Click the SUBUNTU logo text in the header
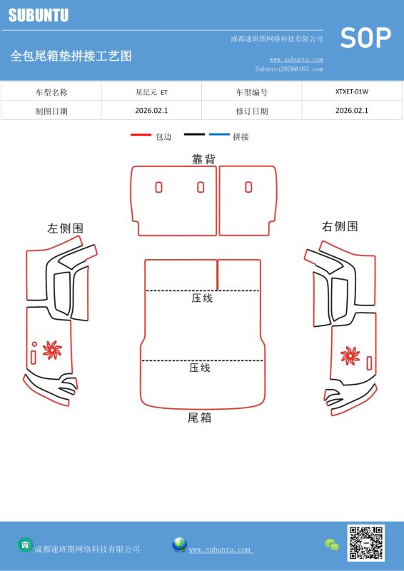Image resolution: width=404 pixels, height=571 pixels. [x=39, y=15]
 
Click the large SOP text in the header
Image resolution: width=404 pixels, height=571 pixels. [x=365, y=38]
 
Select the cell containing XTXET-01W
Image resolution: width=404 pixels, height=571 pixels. [x=352, y=92]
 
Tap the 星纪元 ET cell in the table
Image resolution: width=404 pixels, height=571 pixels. [x=151, y=92]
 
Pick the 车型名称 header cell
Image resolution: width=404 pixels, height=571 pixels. [x=51, y=92]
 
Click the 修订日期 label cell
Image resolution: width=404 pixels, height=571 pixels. [x=252, y=111]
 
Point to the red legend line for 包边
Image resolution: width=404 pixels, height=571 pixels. [x=141, y=135]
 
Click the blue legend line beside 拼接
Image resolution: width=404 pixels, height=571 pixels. [x=219, y=134]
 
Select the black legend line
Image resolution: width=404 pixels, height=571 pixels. [x=195, y=134]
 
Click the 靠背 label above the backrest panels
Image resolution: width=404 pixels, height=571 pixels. [x=203, y=158]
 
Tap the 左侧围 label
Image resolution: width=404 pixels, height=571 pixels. [x=65, y=228]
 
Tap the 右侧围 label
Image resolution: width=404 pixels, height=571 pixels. [x=340, y=226]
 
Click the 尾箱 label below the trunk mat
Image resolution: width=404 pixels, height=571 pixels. [x=199, y=418]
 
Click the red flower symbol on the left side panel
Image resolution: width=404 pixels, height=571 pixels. [x=52, y=350]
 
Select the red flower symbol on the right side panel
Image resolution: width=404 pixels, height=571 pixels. [x=350, y=355]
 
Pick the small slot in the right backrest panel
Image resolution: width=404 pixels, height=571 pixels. [x=248, y=187]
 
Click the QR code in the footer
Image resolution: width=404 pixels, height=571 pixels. [x=365, y=542]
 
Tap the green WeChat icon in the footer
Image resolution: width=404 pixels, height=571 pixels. [x=332, y=545]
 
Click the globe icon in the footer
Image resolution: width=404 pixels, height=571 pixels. [x=180, y=545]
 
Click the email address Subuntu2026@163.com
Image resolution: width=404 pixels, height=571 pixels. [x=289, y=69]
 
